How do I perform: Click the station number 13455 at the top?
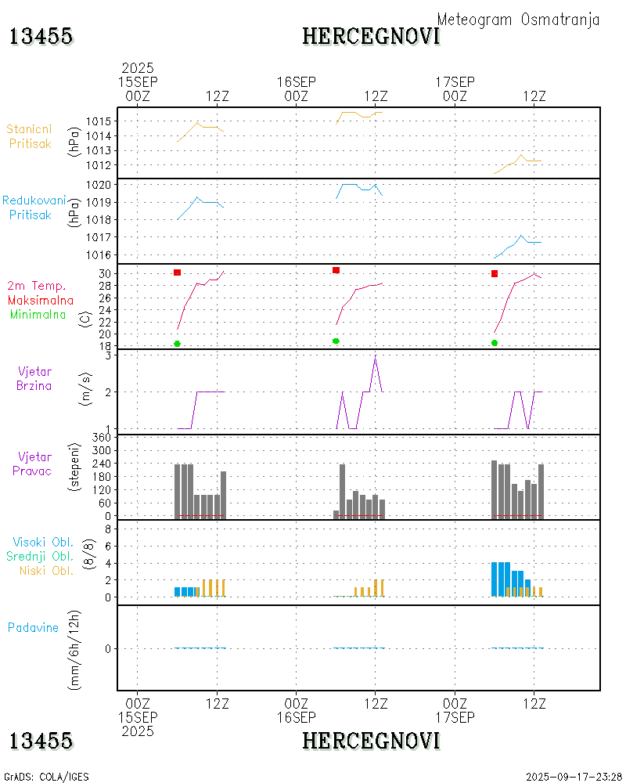click(41, 36)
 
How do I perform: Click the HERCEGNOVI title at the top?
click(371, 36)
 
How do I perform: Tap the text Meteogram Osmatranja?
click(518, 20)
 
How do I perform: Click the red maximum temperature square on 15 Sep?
click(178, 272)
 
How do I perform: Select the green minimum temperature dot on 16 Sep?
click(336, 341)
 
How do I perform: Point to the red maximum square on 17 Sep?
click(495, 273)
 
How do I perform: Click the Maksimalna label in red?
click(41, 300)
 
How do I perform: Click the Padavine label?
click(33, 627)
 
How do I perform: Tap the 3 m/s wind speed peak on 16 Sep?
click(376, 358)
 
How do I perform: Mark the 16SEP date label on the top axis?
click(296, 82)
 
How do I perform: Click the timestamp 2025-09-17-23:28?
click(574, 777)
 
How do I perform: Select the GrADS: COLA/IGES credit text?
click(46, 777)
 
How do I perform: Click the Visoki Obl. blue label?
click(43, 542)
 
